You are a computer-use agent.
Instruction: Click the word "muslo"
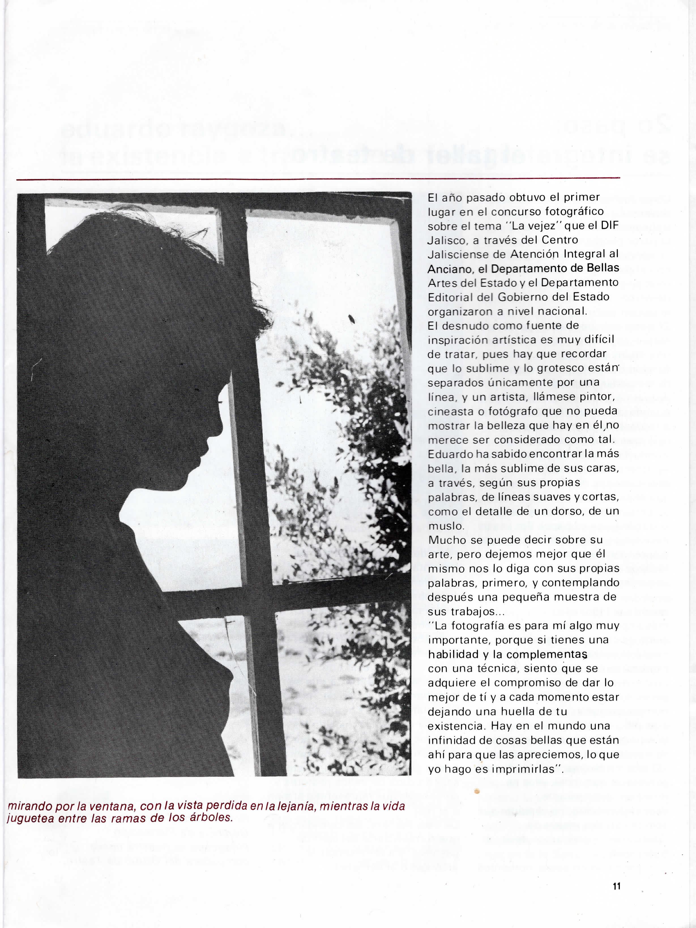pos(440,526)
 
